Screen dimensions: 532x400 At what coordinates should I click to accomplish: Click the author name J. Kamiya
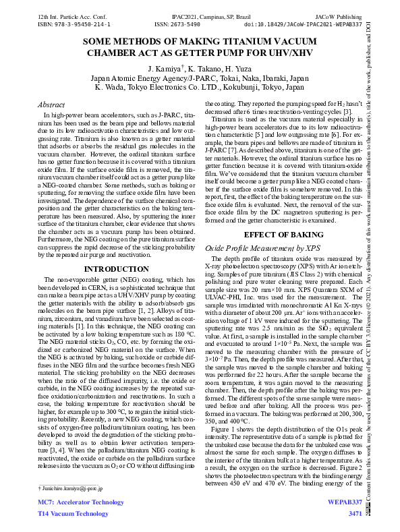point(167,70)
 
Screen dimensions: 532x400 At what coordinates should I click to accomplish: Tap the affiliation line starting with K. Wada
point(200,88)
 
